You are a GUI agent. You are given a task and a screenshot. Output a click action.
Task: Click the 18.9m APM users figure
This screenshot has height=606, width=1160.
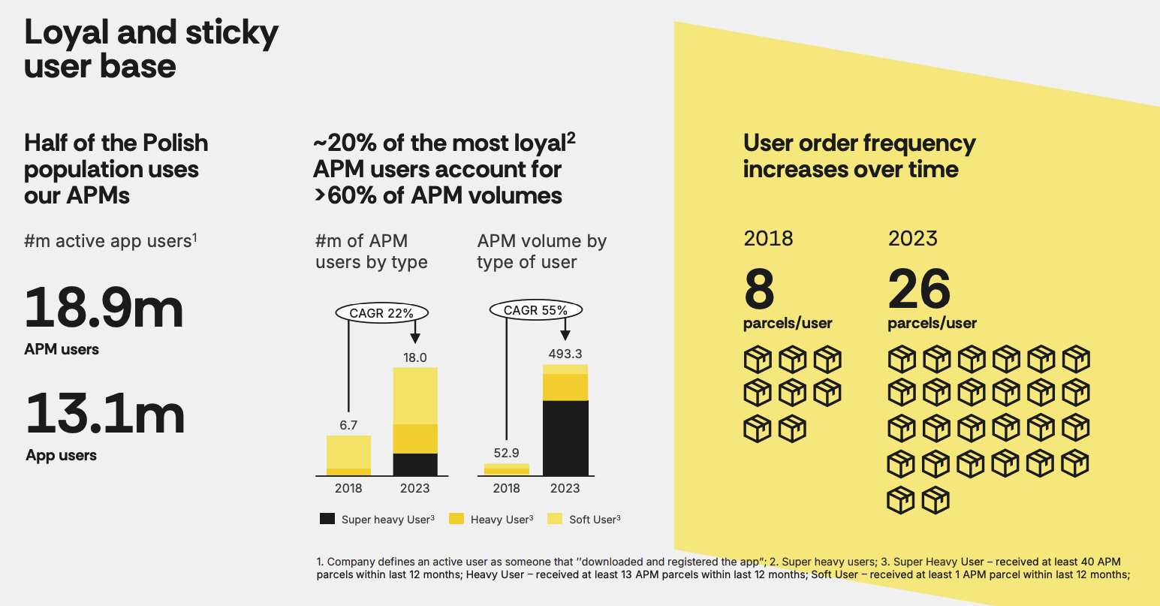[x=104, y=309]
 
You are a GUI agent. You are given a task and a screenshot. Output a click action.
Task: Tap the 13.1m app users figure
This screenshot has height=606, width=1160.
[x=104, y=415]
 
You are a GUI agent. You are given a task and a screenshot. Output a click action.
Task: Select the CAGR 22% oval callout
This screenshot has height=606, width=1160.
[x=382, y=313]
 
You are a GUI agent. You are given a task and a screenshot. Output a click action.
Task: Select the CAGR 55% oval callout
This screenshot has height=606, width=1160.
[x=535, y=310]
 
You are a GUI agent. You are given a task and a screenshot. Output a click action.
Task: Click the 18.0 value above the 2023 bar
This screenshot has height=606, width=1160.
[x=415, y=357]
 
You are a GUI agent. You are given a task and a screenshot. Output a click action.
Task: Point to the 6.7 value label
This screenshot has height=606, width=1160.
[x=348, y=425]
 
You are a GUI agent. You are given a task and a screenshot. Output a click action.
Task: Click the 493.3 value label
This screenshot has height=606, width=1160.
[x=565, y=354]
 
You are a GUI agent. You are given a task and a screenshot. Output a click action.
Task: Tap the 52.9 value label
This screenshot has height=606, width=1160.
[x=507, y=453]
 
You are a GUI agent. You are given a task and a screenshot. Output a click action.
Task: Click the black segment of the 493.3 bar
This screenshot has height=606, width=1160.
[x=565, y=438]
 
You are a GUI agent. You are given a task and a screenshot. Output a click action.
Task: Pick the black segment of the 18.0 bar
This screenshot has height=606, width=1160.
[x=415, y=464]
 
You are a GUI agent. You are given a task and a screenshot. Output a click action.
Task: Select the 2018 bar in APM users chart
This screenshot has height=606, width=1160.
[x=348, y=455]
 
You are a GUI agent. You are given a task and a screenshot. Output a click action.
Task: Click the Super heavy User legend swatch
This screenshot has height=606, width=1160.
[x=327, y=519]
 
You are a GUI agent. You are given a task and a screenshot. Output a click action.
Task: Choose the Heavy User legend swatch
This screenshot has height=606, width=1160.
[x=456, y=519]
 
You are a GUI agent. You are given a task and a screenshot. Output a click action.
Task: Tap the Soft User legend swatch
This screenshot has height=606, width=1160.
[x=555, y=519]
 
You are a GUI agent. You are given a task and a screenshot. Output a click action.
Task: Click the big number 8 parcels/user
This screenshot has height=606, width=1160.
[x=759, y=290]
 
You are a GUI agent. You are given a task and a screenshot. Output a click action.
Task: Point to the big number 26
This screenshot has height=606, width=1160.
[x=919, y=290]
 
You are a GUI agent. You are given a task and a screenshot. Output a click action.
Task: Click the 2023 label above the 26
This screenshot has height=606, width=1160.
[x=912, y=239]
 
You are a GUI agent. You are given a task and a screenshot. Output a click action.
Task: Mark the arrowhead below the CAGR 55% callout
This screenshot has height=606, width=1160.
[x=565, y=335]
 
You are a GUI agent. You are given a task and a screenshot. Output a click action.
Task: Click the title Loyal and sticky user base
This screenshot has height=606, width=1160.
[x=151, y=49]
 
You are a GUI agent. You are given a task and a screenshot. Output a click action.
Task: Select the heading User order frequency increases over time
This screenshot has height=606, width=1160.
[x=859, y=155]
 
